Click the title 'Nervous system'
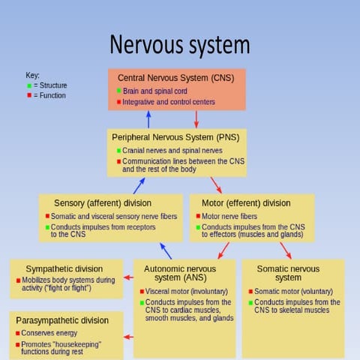[x=180, y=44]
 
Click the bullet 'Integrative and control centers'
[x=168, y=101]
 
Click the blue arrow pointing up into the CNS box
[x=148, y=119]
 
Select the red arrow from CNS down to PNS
[x=196, y=119]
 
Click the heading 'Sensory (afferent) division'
[x=103, y=203]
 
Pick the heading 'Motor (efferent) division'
[x=245, y=203]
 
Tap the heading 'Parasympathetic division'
[x=62, y=320]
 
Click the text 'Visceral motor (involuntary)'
[x=184, y=292]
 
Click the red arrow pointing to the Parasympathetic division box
[x=128, y=337]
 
